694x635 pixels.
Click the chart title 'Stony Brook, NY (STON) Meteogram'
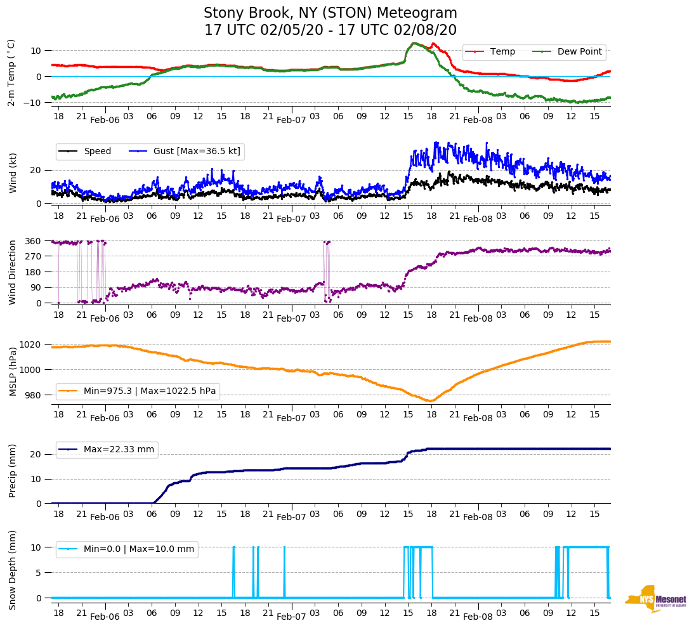[330, 13]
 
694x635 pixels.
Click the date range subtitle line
[330, 30]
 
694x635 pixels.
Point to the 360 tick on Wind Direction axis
[33, 241]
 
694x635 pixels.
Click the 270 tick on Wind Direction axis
[33, 256]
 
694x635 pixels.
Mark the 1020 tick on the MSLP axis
[31, 344]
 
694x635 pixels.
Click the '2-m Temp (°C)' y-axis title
[11, 72]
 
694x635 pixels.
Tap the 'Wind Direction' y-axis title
[13, 272]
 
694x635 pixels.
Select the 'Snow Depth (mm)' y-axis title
[13, 570]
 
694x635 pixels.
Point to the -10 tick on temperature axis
[33, 102]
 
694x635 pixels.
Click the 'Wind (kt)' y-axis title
[13, 172]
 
